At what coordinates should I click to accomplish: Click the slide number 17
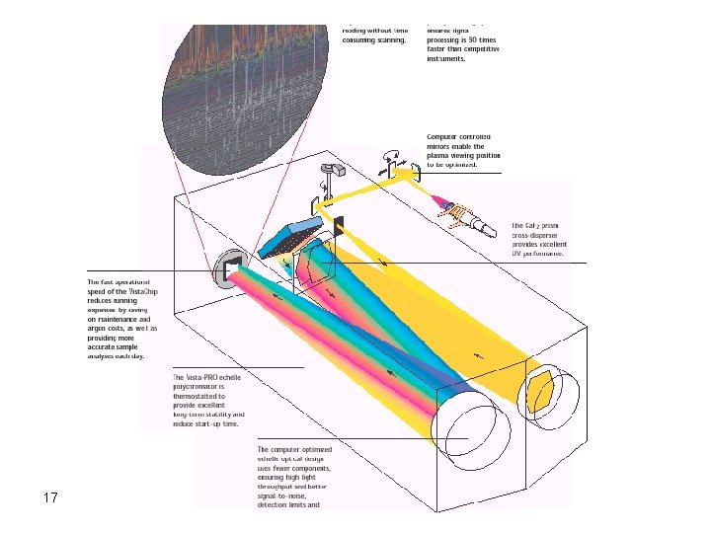pyautogui.click(x=51, y=497)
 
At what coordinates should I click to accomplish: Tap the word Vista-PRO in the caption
pyautogui.click(x=207, y=378)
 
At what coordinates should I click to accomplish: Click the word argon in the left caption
pyautogui.click(x=100, y=329)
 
